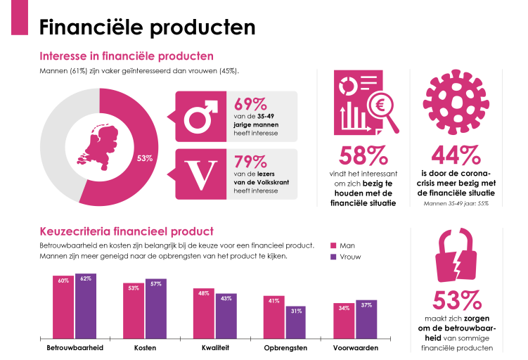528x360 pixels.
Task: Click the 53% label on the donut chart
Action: [x=145, y=158]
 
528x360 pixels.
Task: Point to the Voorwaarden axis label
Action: [x=355, y=348]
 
